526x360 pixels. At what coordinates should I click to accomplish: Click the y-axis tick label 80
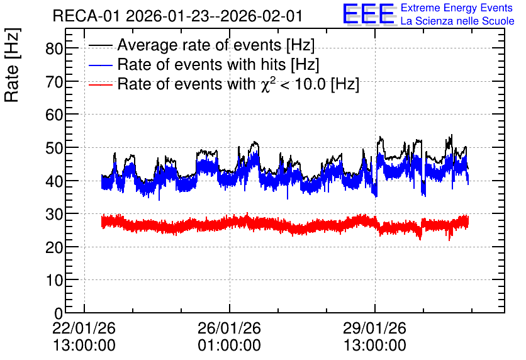pyautogui.click(x=54, y=49)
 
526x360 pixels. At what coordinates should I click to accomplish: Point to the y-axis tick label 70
pyautogui.click(x=54, y=82)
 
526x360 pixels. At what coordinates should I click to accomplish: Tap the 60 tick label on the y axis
pyautogui.click(x=54, y=115)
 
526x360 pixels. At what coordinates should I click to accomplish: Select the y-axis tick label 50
pyautogui.click(x=54, y=148)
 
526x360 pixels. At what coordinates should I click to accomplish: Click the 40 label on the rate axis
pyautogui.click(x=54, y=181)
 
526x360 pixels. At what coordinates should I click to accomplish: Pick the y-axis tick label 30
pyautogui.click(x=54, y=214)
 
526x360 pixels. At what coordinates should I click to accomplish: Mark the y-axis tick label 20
pyautogui.click(x=54, y=247)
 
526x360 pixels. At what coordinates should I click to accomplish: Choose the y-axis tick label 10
pyautogui.click(x=54, y=280)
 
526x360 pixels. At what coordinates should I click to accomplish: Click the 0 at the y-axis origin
pyautogui.click(x=59, y=313)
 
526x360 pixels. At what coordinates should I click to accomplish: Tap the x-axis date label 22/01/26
pyautogui.click(x=84, y=328)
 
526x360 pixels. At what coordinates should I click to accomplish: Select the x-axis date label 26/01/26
pyautogui.click(x=229, y=328)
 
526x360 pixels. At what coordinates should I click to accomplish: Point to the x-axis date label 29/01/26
pyautogui.click(x=374, y=328)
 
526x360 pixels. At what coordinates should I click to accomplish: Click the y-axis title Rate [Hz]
pyautogui.click(x=12, y=65)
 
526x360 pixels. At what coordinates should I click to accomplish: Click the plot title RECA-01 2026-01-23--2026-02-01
pyautogui.click(x=177, y=16)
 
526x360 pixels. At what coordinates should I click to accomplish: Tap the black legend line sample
pyautogui.click(x=100, y=45)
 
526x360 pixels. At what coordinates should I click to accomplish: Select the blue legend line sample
pyautogui.click(x=100, y=65)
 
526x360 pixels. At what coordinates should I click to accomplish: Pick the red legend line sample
pyautogui.click(x=100, y=85)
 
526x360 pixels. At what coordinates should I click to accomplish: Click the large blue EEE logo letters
pyautogui.click(x=369, y=14)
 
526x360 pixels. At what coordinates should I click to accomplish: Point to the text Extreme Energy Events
pyautogui.click(x=457, y=8)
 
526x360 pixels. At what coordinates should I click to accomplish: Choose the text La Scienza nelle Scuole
pyautogui.click(x=457, y=21)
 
